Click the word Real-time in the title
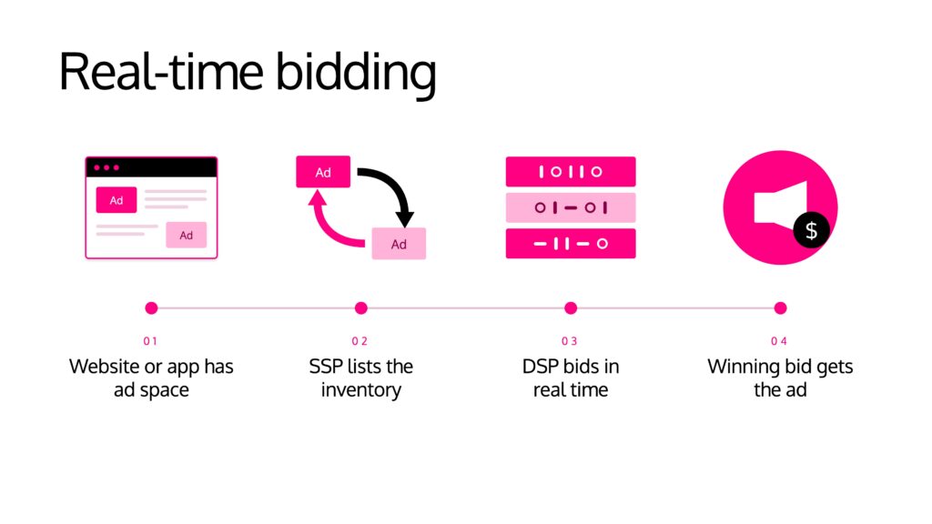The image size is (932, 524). (x=160, y=71)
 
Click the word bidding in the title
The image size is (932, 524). (x=356, y=74)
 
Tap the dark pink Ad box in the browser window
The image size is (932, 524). (x=116, y=200)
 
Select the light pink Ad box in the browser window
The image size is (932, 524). (x=186, y=235)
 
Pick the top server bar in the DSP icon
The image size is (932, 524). (x=571, y=172)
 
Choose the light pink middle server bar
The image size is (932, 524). (x=571, y=207)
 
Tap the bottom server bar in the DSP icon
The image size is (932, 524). (x=571, y=244)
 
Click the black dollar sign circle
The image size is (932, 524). (x=811, y=230)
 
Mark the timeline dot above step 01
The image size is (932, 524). (x=152, y=307)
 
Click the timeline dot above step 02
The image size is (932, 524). (x=360, y=307)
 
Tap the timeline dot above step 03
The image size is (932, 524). (x=571, y=307)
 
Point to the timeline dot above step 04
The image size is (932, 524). (x=780, y=307)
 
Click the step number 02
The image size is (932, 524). (x=360, y=341)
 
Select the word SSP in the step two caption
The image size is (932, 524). (x=326, y=367)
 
